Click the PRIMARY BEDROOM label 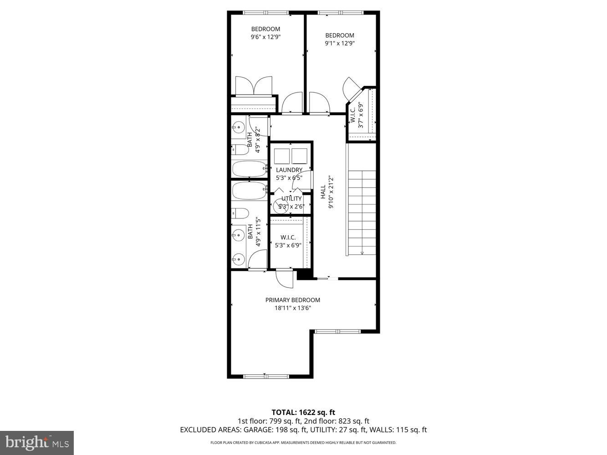click(292, 300)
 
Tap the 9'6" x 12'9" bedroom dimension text click(265, 37)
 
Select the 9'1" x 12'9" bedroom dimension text click(339, 44)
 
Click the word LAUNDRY click(289, 170)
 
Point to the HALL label click(323, 192)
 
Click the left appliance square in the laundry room click(282, 156)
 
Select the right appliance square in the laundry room click(300, 156)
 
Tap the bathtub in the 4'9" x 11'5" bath click(249, 190)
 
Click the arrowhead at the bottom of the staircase click(362, 253)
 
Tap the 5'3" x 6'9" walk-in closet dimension click(288, 245)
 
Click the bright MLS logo click(36, 442)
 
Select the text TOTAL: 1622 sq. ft click(303, 413)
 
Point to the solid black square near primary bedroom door click(303, 275)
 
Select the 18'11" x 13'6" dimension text click(292, 308)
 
